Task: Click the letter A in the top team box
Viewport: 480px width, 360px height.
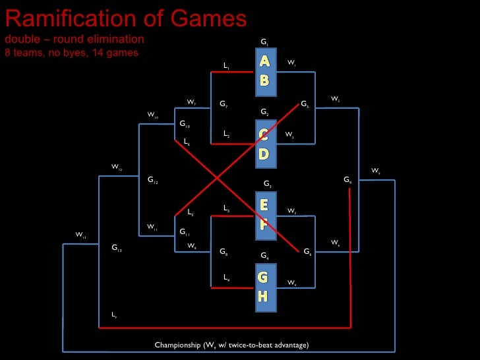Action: point(264,61)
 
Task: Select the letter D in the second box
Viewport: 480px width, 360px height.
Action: point(264,154)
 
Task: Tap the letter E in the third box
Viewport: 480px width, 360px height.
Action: point(264,205)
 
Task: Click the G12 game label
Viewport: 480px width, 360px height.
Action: point(152,179)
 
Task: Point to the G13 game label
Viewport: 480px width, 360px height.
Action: point(116,249)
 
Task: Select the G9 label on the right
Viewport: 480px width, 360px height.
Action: point(347,179)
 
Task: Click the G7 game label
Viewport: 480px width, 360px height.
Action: point(224,105)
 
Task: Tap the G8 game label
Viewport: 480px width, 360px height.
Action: point(224,252)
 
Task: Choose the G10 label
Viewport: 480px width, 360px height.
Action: point(185,124)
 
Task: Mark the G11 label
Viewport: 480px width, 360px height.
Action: point(185,233)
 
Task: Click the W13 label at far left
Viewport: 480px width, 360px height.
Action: point(81,235)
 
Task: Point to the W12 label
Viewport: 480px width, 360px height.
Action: point(117,168)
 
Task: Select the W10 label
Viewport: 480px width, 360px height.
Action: point(153,115)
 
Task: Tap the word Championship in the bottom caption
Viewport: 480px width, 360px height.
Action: point(177,345)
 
